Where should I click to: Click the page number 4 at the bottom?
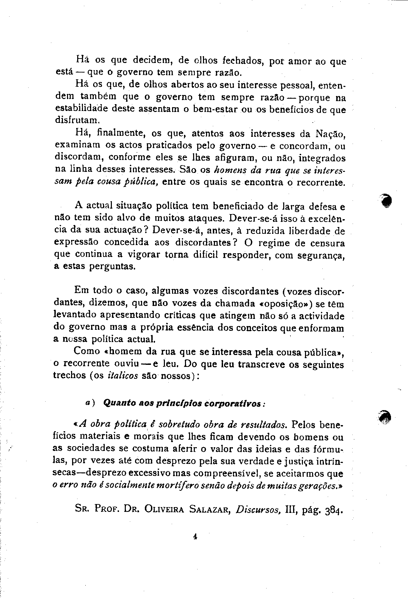(x=195, y=537)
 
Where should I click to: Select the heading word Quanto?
(x=117, y=403)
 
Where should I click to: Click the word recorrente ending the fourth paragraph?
(x=321, y=182)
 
